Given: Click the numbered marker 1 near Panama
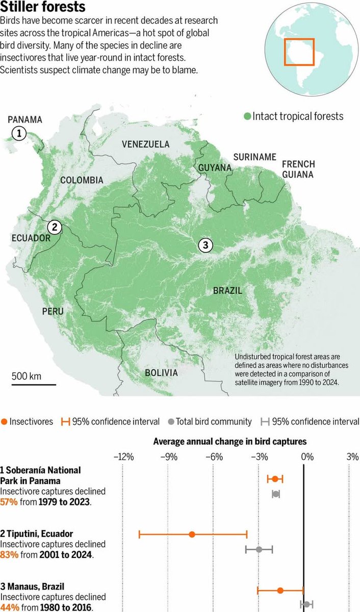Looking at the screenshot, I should [x=19, y=134].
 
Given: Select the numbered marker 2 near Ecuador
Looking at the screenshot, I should [x=55, y=227].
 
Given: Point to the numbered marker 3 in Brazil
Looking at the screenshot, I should [x=205, y=245].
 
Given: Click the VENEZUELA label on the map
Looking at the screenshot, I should [x=145, y=144].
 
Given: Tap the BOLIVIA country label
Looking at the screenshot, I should [x=161, y=373].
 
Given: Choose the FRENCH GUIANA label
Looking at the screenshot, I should [x=298, y=169].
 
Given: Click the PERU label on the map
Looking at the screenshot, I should [x=54, y=311].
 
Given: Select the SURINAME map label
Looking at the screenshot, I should [x=254, y=157].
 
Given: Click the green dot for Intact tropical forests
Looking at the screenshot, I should [x=247, y=116].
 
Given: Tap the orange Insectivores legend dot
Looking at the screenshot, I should [x=4, y=422].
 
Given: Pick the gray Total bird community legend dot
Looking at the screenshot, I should [x=171, y=422].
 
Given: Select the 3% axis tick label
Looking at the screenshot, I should [x=352, y=457].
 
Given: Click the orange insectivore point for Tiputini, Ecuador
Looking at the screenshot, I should [x=192, y=534].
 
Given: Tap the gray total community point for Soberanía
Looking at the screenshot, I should [x=276, y=494].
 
